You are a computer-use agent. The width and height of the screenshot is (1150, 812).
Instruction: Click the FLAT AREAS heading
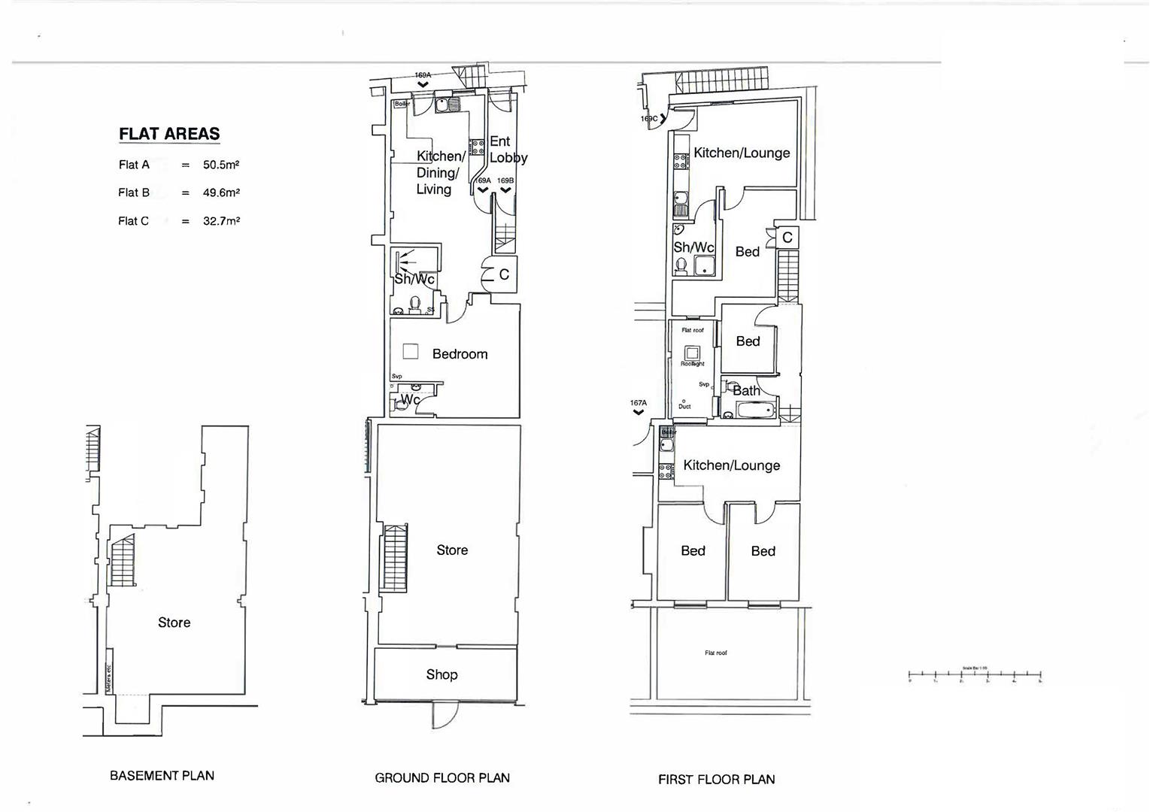(x=169, y=135)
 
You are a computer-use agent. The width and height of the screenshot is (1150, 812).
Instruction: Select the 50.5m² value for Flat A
(x=221, y=165)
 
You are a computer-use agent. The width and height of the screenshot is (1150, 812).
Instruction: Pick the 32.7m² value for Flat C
(x=221, y=221)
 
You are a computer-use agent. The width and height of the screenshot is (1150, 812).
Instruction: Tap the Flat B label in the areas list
(x=134, y=192)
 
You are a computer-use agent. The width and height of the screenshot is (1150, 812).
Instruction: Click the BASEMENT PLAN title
(x=162, y=775)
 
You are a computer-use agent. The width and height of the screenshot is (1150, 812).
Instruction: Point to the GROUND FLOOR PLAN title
(x=442, y=778)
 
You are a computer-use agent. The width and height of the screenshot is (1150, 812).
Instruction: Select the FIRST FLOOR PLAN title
(x=716, y=780)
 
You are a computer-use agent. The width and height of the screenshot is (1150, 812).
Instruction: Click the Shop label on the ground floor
(x=441, y=674)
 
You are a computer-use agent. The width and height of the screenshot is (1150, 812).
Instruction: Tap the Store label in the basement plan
(x=174, y=623)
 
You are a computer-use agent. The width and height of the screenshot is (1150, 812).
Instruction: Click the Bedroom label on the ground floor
(x=460, y=354)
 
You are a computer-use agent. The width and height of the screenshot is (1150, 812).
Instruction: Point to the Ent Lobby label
(x=508, y=150)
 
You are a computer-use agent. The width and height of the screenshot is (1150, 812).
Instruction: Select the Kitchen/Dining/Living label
(x=440, y=173)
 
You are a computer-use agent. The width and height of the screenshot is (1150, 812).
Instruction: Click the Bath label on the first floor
(x=746, y=390)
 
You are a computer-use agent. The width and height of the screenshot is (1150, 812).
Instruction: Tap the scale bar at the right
(x=975, y=675)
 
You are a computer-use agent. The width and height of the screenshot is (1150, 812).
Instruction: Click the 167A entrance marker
(x=638, y=407)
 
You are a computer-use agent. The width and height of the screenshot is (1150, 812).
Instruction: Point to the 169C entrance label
(x=649, y=119)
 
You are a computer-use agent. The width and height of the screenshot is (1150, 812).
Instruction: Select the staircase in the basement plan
(x=123, y=561)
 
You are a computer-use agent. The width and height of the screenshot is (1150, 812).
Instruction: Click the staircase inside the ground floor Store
(x=395, y=558)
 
